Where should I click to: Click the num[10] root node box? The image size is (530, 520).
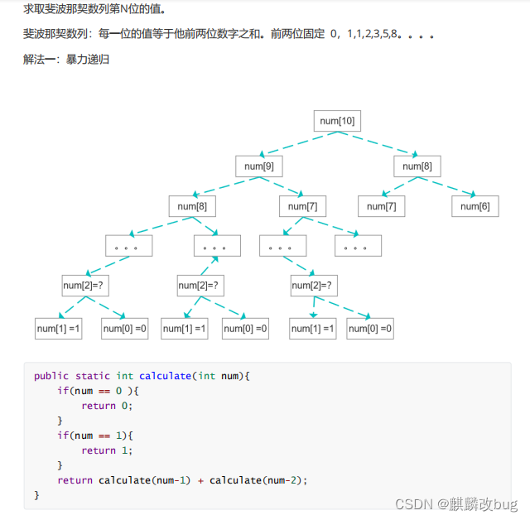point(337,121)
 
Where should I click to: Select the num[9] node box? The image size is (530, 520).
point(259,166)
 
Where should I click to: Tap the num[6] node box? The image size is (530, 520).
point(475,206)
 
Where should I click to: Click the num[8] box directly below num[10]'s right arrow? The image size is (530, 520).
point(417,166)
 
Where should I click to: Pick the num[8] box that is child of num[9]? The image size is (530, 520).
point(192,206)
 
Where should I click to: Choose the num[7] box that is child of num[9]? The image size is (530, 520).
point(301,206)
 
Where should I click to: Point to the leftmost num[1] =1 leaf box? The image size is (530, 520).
point(58,329)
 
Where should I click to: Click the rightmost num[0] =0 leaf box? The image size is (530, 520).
point(370,329)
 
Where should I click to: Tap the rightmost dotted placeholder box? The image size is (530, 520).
point(358,246)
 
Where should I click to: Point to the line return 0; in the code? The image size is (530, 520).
point(107,406)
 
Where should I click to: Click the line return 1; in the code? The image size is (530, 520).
point(107,450)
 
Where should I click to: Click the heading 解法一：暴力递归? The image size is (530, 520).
point(66,60)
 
